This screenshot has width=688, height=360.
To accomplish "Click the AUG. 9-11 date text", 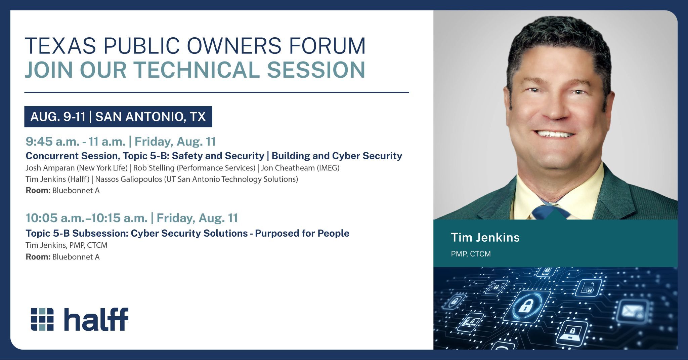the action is pos(58,117).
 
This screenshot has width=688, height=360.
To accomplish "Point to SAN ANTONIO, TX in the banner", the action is pos(150,117).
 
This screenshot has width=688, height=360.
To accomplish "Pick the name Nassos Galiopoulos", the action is pos(128,179).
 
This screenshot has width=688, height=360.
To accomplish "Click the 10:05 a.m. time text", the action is pos(56,218).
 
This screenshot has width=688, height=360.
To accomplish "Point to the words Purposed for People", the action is pos(302,233).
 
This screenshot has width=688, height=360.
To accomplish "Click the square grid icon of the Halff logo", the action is pos(42,319).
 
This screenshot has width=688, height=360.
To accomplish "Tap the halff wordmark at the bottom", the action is pos(96,319).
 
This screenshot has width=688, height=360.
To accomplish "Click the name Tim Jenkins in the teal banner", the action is pos(485,238).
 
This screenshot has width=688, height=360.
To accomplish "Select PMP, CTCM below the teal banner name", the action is pos(471,254).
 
